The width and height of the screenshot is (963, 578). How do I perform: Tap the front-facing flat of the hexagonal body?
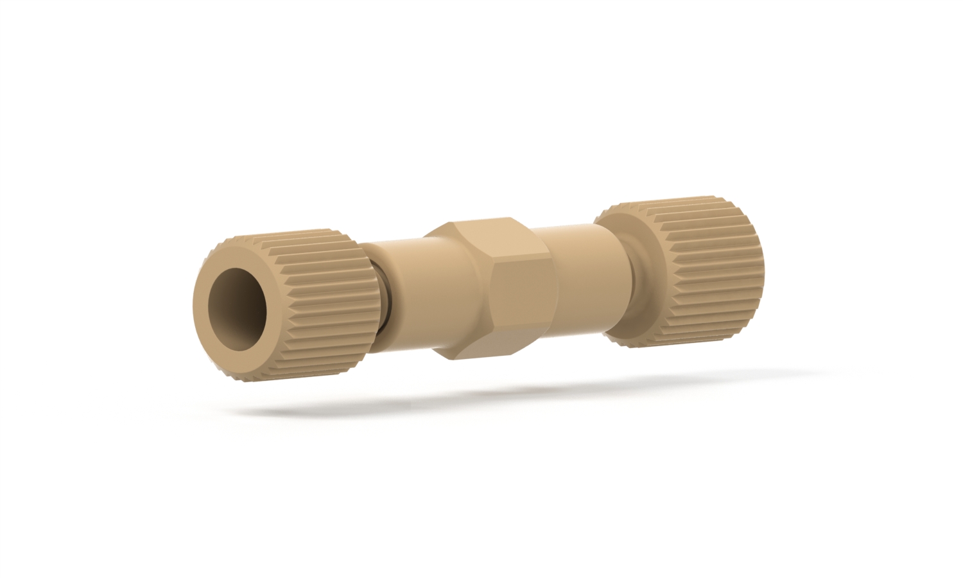click(x=520, y=295)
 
